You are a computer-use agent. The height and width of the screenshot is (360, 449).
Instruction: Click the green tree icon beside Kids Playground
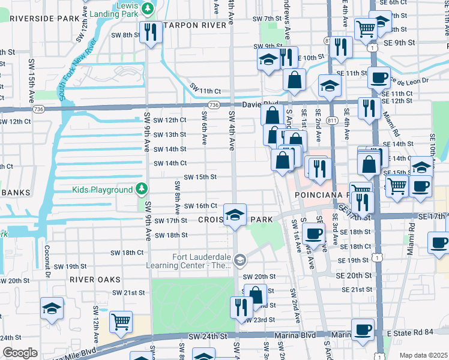click(141, 190)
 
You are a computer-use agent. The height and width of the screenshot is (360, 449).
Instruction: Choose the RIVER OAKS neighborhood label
click(94, 280)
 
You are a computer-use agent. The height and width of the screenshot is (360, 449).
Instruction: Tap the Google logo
click(20, 352)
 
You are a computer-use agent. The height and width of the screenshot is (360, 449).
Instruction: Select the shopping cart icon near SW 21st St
click(121, 322)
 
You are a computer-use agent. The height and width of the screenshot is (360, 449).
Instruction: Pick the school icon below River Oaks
click(52, 308)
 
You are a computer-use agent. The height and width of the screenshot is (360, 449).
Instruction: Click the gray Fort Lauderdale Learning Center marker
click(240, 259)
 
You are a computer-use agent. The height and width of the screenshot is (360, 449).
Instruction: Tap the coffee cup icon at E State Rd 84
click(363, 330)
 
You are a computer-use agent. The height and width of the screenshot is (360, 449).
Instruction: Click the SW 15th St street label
click(200, 177)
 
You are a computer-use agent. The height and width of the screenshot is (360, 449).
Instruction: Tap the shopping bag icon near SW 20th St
click(256, 295)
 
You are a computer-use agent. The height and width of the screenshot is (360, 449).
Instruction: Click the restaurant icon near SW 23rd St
click(241, 308)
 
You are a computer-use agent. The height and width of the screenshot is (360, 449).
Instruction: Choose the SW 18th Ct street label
click(124, 253)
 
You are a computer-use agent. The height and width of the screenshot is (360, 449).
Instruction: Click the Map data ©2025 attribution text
click(423, 355)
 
